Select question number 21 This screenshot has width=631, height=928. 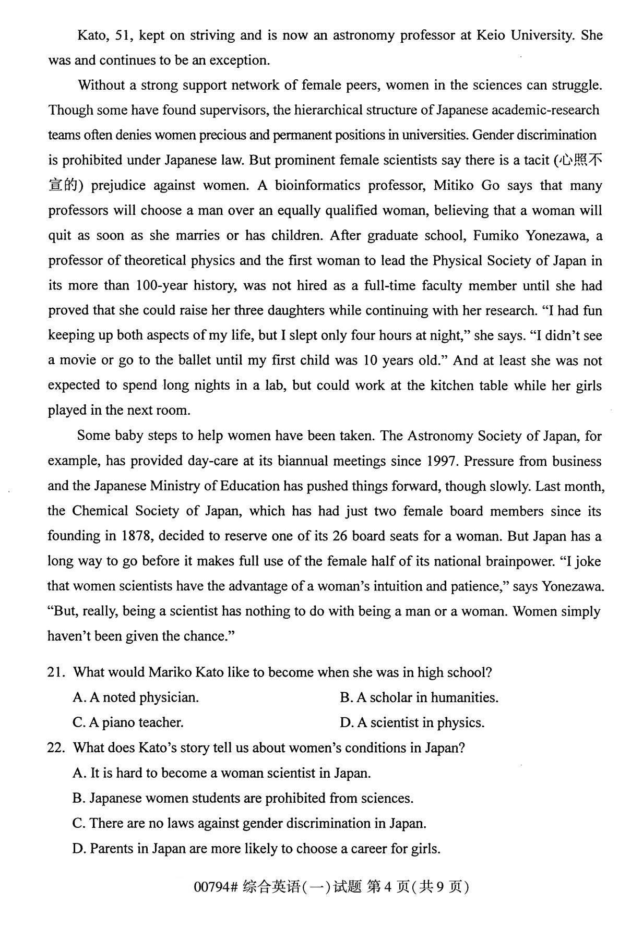(x=56, y=672)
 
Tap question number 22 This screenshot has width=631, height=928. (x=56, y=748)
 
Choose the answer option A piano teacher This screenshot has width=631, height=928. (x=128, y=723)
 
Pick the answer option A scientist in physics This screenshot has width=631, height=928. (x=412, y=723)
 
